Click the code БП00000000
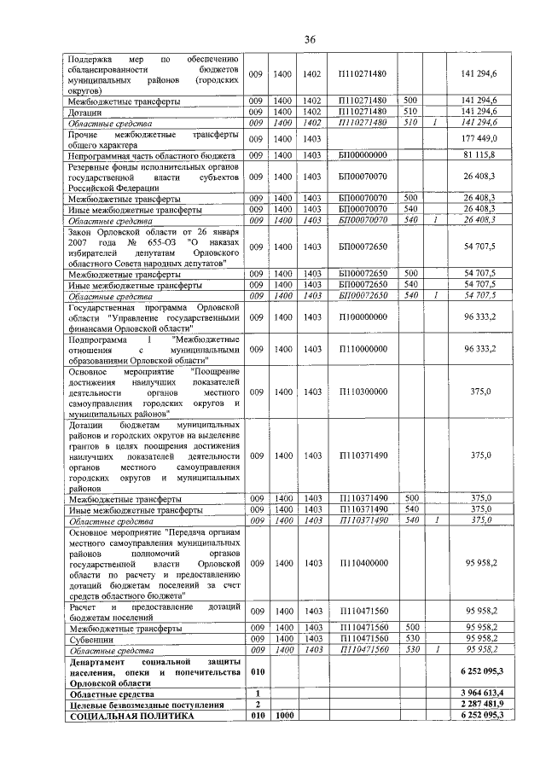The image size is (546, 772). pyautogui.click(x=363, y=155)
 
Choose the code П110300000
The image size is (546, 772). pyautogui.click(x=363, y=392)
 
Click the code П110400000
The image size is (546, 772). pyautogui.click(x=363, y=564)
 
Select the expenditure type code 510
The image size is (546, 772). pyautogui.click(x=410, y=112)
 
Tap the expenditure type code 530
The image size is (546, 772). pyautogui.click(x=410, y=639)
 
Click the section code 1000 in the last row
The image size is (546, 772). pyautogui.click(x=283, y=717)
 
